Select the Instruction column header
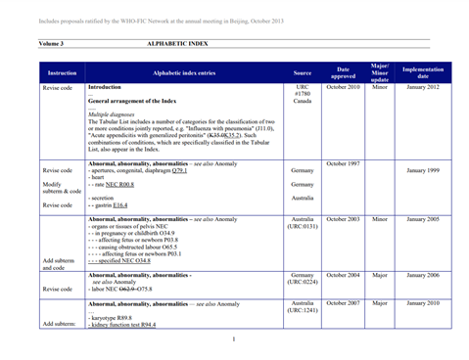(62, 72)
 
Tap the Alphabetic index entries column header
(188, 72)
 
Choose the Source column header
(303, 72)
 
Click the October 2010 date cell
(343, 88)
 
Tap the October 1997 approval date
(343, 163)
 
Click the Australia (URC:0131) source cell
(303, 222)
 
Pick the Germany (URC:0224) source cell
(303, 279)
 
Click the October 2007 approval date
(343, 304)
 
